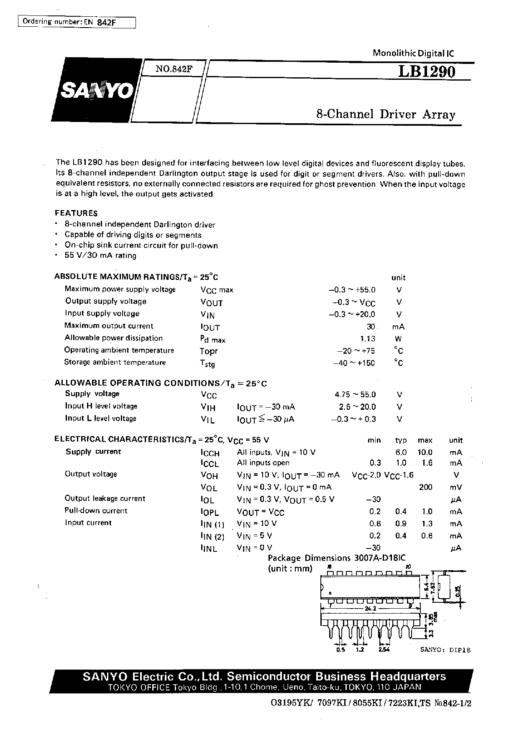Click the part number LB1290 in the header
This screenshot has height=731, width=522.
(x=426, y=72)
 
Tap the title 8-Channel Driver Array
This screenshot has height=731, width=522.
(x=385, y=114)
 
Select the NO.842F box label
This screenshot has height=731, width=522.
(x=174, y=69)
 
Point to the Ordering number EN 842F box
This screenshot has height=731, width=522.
(x=77, y=22)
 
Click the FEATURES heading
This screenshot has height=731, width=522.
(x=76, y=213)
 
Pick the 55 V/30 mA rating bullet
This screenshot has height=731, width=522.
(x=100, y=255)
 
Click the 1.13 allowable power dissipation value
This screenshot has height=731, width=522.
(x=367, y=339)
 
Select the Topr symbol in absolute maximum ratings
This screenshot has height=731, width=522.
(x=209, y=351)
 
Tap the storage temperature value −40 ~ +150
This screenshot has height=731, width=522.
(x=354, y=363)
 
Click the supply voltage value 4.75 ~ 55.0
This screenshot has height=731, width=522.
(x=355, y=394)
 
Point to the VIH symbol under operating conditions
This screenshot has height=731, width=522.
(x=208, y=407)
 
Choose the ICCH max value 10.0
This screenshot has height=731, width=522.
(x=425, y=452)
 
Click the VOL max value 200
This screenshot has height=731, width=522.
(x=425, y=487)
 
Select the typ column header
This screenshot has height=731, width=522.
(x=401, y=440)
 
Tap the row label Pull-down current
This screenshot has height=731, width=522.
(x=96, y=510)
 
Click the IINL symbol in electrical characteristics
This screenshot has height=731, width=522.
(x=209, y=548)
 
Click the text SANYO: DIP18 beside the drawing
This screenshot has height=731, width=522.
(x=445, y=650)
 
